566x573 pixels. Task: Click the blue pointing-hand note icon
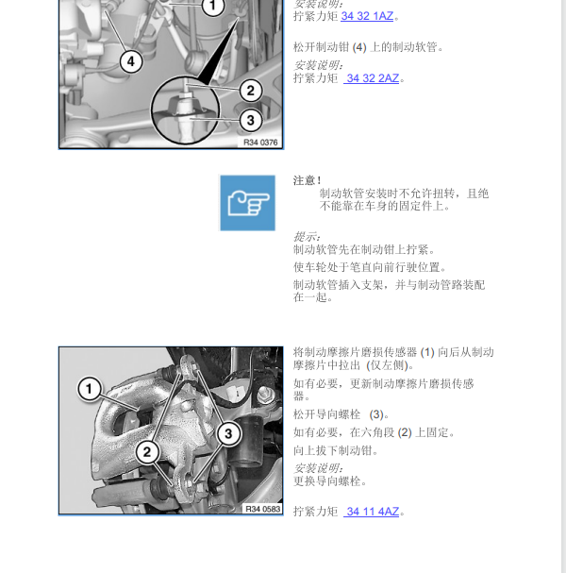(247, 202)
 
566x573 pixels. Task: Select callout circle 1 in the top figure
(213, 7)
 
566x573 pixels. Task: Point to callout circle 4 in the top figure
(130, 61)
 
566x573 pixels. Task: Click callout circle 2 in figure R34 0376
(249, 91)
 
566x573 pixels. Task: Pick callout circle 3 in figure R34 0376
(249, 120)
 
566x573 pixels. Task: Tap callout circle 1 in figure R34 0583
(89, 388)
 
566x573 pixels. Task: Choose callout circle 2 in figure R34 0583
(146, 451)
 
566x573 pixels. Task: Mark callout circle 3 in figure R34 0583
(227, 433)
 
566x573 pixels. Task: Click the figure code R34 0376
(261, 142)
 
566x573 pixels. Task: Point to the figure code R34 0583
(261, 509)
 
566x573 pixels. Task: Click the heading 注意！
(308, 180)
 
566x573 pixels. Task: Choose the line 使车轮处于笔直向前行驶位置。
(370, 267)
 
